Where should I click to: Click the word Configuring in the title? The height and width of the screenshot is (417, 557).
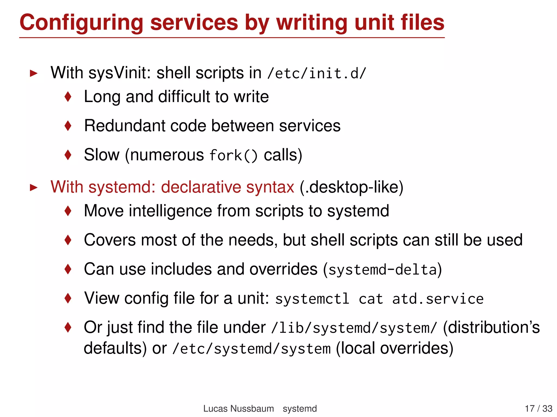(81, 23)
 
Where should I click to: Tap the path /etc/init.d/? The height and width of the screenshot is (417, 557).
(317, 74)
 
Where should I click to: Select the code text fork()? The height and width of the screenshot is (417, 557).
(233, 156)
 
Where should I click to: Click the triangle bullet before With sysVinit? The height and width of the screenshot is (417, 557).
(33, 73)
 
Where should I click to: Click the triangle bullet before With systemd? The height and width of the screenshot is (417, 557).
(33, 187)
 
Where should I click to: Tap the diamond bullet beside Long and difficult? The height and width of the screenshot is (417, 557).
(68, 97)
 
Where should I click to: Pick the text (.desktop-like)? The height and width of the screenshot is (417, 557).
(351, 187)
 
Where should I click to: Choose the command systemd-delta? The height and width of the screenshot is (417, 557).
(382, 270)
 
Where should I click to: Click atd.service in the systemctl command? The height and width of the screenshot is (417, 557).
(438, 299)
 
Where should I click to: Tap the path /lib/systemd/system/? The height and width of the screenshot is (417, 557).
(354, 328)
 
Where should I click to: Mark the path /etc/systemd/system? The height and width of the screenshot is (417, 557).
(252, 349)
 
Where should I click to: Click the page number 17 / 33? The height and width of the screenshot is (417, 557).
(538, 409)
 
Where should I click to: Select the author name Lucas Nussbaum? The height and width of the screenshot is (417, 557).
(239, 409)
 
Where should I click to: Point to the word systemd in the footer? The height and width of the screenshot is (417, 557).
(300, 409)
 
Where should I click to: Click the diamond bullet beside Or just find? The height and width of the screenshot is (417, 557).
(68, 327)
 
